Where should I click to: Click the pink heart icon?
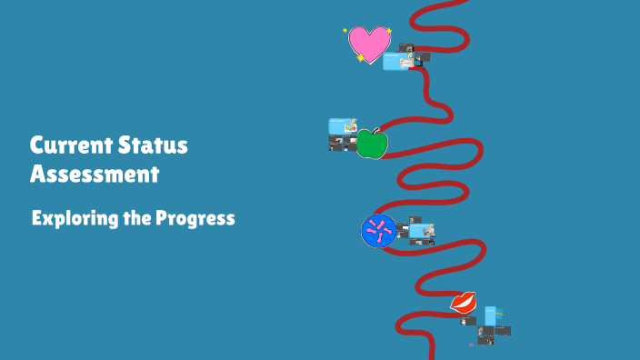click(369, 43)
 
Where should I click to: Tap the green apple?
click(372, 145)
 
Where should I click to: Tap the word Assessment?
click(94, 174)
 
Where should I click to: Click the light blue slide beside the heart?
click(396, 62)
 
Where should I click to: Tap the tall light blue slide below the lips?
click(492, 315)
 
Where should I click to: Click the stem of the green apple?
click(375, 130)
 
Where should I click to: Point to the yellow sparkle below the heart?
click(361, 58)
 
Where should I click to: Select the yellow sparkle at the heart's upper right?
click(389, 31)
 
